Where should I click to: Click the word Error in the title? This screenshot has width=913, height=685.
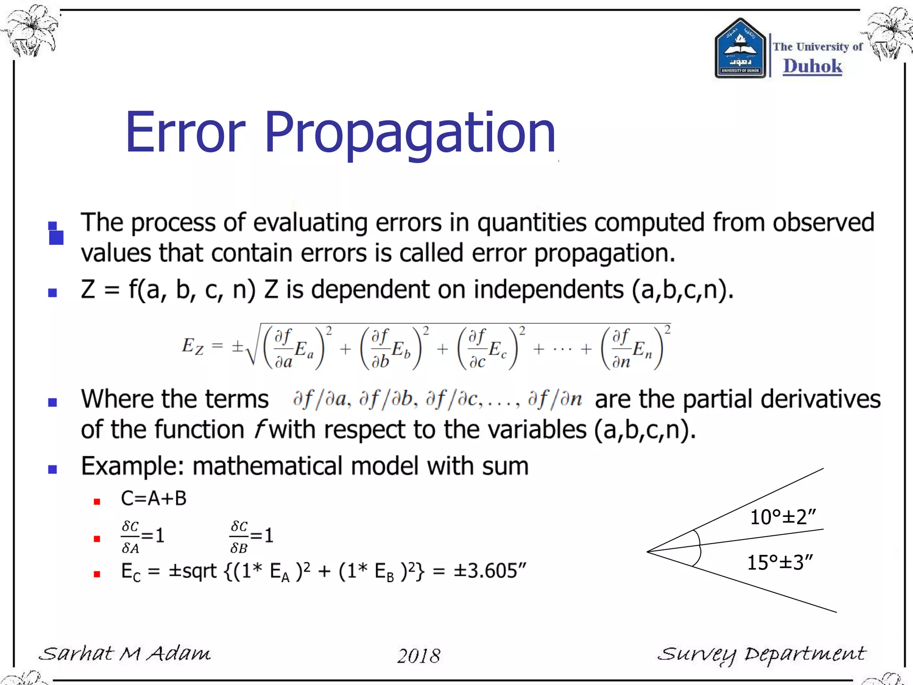coord(185,133)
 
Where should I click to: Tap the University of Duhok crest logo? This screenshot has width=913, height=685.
coord(740,49)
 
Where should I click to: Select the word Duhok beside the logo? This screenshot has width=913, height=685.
coord(812,66)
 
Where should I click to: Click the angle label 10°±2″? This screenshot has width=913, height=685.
coord(782,517)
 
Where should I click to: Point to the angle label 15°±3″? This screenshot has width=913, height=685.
coord(780,562)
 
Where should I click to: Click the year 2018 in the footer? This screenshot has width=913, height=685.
coord(418,656)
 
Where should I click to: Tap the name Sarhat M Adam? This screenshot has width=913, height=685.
coord(125,654)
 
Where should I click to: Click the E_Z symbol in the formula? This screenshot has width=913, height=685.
coord(192,347)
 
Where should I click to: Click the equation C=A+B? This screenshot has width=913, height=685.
coord(154,499)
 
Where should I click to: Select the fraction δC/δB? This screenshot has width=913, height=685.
coord(239,537)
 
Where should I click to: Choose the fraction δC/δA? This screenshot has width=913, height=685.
coord(130,537)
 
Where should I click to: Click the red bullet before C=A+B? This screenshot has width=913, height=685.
coord(97,502)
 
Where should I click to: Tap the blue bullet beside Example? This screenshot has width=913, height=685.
coord(53,469)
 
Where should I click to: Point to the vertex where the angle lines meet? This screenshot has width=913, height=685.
coord(648,552)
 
